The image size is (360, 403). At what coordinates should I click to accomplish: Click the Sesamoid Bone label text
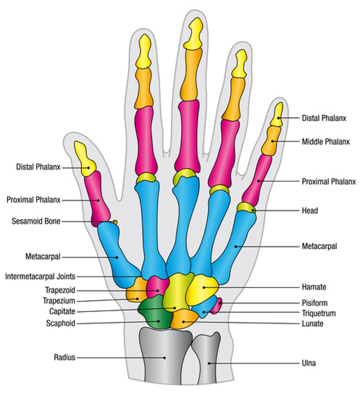coord(36,221)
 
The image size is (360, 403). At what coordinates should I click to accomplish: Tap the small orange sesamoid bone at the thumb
coord(115,222)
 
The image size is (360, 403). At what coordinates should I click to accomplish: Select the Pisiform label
coord(315,303)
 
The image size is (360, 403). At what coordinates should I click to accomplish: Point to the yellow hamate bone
coord(202,289)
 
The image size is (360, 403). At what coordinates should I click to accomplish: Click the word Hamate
coord(314,287)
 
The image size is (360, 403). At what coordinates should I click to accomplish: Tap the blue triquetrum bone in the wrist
coord(204,307)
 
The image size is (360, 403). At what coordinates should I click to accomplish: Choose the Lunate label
coord(312,323)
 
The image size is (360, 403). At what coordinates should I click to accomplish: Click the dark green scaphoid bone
coord(155,312)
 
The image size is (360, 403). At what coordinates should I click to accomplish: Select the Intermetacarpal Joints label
coord(40,277)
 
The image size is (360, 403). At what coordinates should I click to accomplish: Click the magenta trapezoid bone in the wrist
coord(158,287)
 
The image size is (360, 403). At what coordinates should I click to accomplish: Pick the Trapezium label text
coord(59,301)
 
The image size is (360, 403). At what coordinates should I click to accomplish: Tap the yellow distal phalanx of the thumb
coord(85,160)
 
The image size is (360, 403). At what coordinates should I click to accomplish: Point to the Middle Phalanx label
coord(326,142)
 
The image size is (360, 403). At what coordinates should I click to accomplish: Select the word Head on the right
coord(310,211)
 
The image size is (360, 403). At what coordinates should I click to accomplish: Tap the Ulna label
coord(309,363)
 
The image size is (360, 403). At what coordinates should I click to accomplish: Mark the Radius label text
coord(64,357)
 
